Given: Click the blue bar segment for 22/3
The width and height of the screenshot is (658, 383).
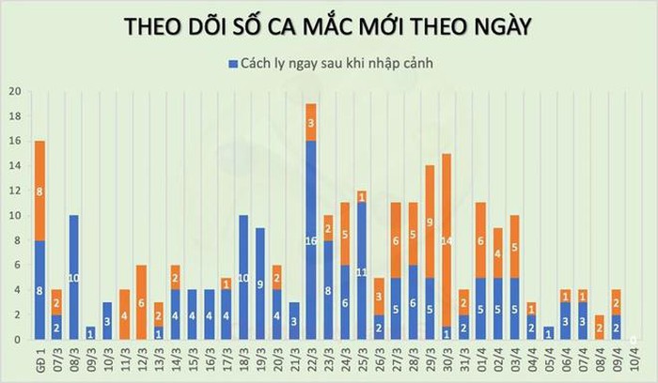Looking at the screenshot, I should coord(311,239).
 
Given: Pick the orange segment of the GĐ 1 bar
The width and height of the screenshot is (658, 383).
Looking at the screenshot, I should coord(39,191).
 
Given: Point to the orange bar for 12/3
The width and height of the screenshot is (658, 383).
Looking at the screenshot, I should coord(141,302).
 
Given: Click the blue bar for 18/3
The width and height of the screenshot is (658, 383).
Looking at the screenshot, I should coord(243,277).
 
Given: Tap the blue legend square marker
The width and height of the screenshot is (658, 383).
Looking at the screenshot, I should coord(230,63).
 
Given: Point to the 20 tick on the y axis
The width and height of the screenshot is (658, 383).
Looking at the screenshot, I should coord(14,92).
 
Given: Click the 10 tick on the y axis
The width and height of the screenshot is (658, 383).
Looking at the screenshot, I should coord(14,215).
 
